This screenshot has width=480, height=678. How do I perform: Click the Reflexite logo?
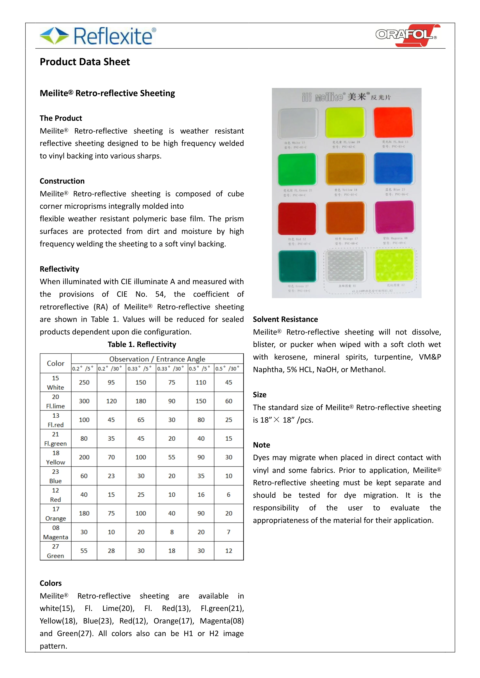coord(98,36)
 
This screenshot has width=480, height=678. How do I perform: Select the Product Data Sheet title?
coord(85,62)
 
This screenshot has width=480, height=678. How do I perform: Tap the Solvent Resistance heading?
coord(285,319)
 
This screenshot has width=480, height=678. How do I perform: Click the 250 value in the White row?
coord(84,382)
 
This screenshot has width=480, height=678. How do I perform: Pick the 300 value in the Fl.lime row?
coord(84,401)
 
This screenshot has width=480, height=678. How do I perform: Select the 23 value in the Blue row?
coord(111,476)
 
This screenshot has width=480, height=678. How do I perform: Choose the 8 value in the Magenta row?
coord(172,532)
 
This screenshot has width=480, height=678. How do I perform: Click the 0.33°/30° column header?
coord(171,368)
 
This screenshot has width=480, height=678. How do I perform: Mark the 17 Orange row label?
coord(56,513)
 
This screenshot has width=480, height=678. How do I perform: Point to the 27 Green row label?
coord(56,551)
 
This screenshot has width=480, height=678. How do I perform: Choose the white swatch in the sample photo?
coord(298,123)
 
